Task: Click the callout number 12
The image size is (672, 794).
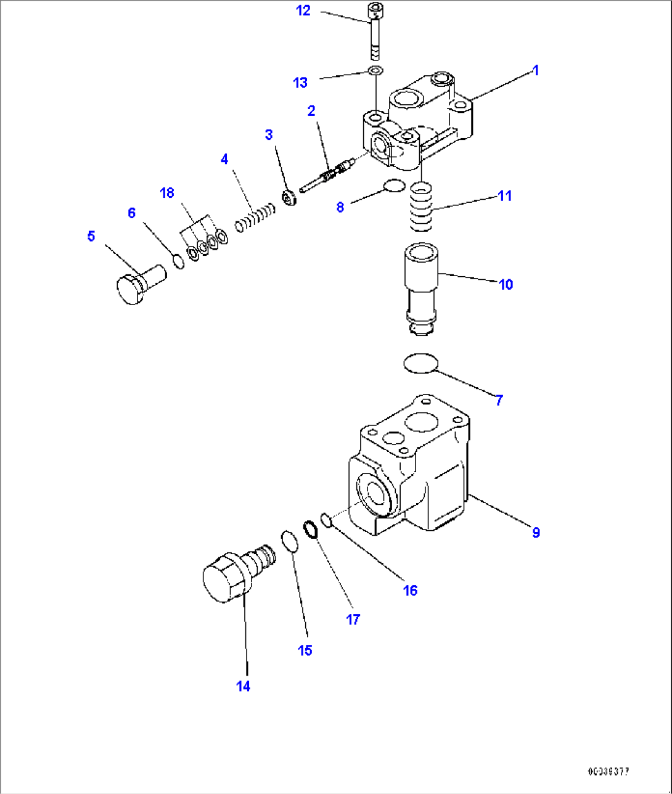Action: click(x=303, y=10)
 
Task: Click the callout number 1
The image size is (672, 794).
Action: click(x=536, y=70)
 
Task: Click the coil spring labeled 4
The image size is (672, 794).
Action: click(x=255, y=216)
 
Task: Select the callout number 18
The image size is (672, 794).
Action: click(x=167, y=193)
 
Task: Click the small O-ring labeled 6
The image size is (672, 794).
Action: click(x=178, y=261)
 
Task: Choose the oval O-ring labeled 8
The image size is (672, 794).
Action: click(x=393, y=185)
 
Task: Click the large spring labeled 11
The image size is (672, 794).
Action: click(x=421, y=208)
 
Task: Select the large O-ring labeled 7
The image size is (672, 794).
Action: click(x=421, y=363)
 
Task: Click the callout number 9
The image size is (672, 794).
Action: click(x=536, y=532)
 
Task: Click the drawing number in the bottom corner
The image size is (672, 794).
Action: click(x=608, y=771)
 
